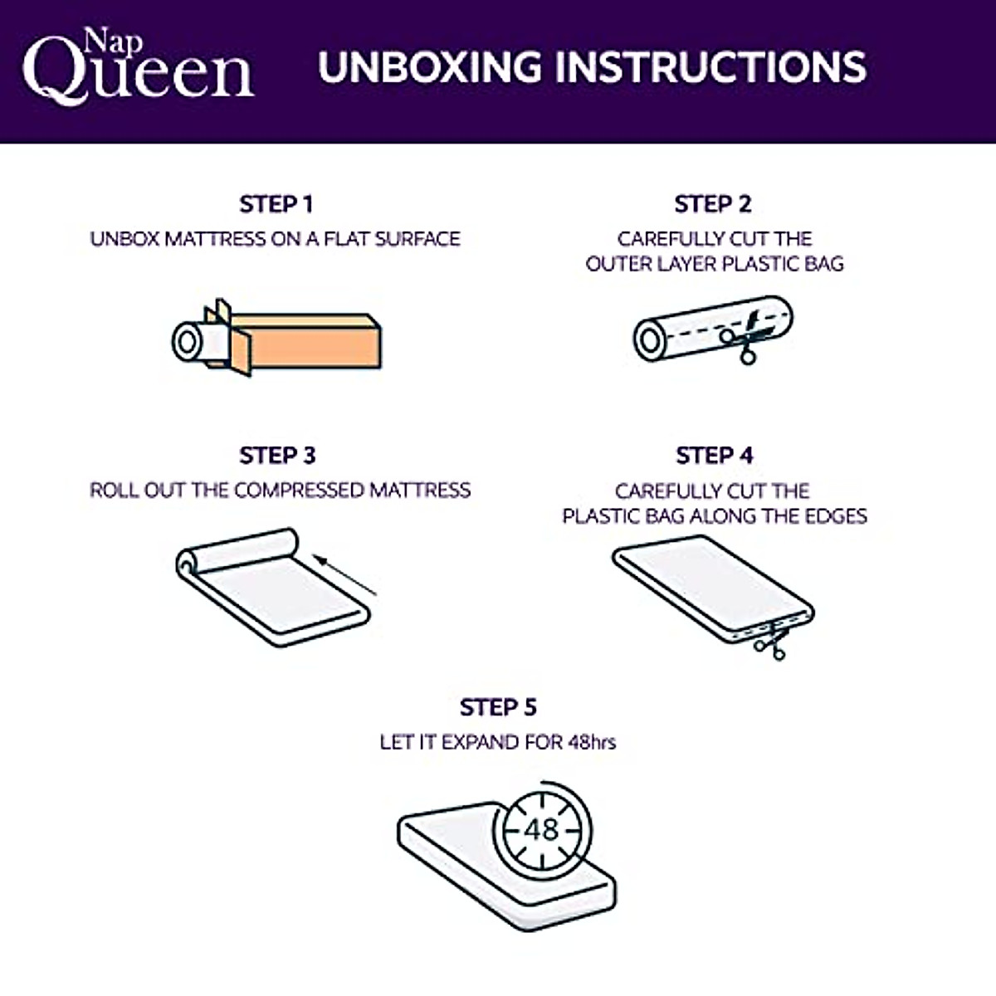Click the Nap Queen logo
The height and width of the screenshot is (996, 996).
137,68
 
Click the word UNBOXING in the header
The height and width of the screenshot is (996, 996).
429,67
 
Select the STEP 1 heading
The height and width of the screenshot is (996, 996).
276,204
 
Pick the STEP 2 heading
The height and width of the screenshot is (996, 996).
713,204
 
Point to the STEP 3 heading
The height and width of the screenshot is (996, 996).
277,456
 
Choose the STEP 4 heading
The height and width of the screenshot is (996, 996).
715,456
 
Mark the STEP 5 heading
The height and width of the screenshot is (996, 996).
498,707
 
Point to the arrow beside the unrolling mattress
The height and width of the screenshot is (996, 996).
347,576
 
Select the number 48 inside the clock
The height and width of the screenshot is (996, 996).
542,829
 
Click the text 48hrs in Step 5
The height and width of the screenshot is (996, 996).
592,742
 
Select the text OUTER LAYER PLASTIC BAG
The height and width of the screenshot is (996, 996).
715,264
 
